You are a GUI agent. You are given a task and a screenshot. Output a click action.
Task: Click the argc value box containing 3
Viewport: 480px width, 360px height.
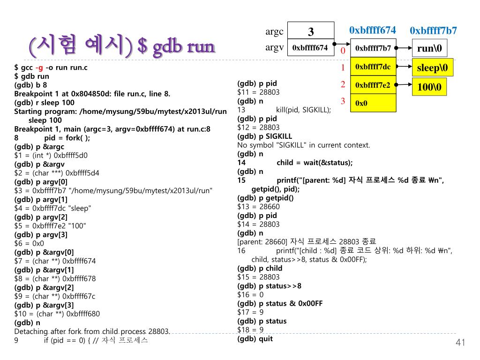(310, 31)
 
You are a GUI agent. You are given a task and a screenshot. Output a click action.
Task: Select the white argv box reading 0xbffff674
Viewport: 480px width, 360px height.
(310, 48)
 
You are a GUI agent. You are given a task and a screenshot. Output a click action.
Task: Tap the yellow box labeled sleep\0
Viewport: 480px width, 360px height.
(432, 68)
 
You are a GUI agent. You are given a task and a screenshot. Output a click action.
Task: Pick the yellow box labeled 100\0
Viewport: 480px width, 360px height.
(429, 87)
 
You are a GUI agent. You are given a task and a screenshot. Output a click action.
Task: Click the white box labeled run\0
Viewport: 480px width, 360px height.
(429, 48)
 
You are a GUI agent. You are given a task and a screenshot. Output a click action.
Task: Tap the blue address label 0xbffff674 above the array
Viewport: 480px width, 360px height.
(372, 30)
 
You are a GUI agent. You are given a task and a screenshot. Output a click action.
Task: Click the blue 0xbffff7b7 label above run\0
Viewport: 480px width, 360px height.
(433, 31)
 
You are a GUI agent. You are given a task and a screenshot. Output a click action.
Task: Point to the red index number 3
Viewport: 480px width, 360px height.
(343, 101)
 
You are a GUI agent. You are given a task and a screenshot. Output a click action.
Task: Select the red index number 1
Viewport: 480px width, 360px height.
(343, 68)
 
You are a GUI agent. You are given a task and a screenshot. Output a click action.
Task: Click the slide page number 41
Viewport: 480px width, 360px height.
(460, 343)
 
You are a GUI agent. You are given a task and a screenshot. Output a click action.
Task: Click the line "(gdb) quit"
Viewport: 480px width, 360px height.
(255, 338)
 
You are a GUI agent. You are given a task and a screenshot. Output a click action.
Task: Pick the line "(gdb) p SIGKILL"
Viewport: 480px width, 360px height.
(264, 136)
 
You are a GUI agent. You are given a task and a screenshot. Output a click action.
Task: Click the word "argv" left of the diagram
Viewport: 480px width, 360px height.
(275, 47)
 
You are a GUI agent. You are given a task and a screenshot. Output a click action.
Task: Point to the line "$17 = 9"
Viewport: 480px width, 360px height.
(250, 312)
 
